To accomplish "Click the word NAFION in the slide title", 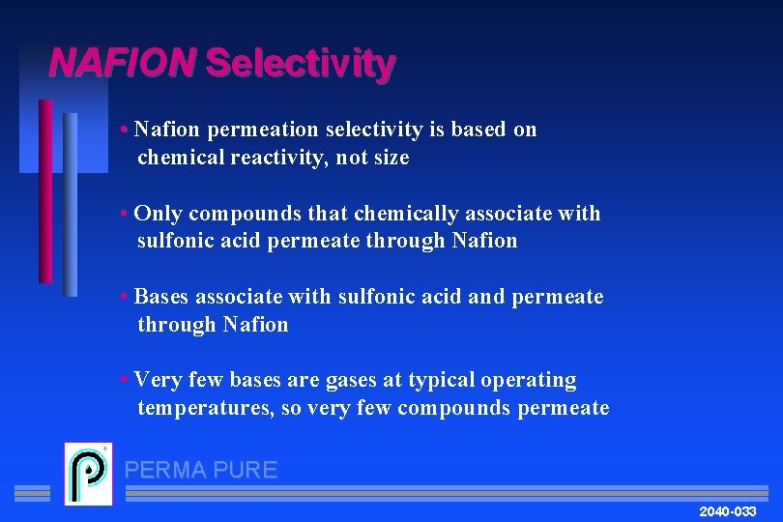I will pyautogui.click(x=122, y=64).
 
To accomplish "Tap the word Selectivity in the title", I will pyautogui.click(x=300, y=64).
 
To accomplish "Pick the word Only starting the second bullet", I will pyautogui.click(x=158, y=214).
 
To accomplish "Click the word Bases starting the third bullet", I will pyautogui.click(x=160, y=297).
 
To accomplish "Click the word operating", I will pyautogui.click(x=527, y=380).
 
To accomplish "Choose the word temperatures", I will pyautogui.click(x=205, y=408).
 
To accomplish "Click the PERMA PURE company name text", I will pyautogui.click(x=201, y=471).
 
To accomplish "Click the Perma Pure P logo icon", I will pyautogui.click(x=88, y=474).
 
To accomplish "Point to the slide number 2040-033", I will pyautogui.click(x=727, y=510).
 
